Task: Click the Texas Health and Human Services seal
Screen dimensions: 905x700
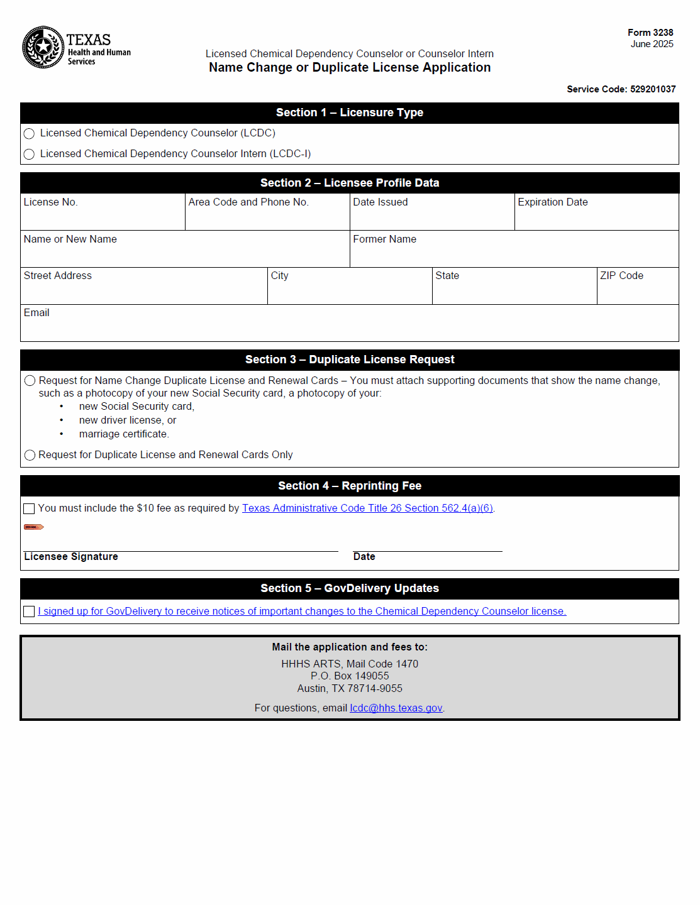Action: coord(43,47)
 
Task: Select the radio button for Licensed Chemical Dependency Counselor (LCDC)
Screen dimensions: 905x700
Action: coord(29,134)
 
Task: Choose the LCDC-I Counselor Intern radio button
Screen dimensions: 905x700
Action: coord(29,154)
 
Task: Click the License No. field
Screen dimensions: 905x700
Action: coord(103,217)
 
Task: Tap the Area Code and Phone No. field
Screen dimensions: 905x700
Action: coord(267,217)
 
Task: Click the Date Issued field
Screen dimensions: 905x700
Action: coord(432,217)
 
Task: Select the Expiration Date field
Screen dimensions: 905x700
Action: coord(596,217)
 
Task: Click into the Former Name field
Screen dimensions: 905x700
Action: coord(514,254)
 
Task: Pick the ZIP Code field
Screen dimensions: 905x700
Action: coord(637,290)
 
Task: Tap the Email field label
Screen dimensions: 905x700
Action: coord(36,313)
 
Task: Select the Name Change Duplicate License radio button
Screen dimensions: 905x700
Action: coord(30,381)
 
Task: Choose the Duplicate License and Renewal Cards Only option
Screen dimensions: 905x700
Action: coord(30,455)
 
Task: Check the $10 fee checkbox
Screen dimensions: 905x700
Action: coord(29,508)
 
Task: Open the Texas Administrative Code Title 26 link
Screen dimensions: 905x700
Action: coord(367,508)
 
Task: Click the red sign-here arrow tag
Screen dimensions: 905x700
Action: coord(33,527)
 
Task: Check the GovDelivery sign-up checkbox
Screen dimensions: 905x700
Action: coord(29,612)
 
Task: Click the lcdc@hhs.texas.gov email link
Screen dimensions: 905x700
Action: coord(396,708)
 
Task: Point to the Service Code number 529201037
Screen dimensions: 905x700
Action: coord(653,89)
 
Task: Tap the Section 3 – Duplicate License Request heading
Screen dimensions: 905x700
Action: coord(350,359)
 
